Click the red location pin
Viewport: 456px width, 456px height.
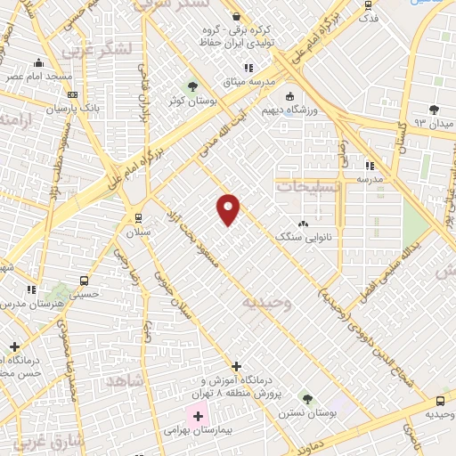[229, 208]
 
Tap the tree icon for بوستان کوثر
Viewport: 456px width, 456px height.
[192, 86]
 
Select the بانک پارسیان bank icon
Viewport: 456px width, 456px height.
[72, 95]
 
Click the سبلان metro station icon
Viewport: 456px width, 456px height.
[138, 217]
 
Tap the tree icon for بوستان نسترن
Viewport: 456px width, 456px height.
[307, 399]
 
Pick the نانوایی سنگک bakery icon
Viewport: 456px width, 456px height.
[304, 224]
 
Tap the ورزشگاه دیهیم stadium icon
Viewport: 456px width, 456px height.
[289, 97]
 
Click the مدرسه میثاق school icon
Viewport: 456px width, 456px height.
[248, 68]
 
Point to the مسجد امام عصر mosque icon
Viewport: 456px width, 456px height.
[38, 63]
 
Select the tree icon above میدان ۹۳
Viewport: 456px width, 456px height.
[434, 110]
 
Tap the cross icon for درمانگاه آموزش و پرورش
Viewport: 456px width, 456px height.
[236, 366]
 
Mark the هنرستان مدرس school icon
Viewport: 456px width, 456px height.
[31, 289]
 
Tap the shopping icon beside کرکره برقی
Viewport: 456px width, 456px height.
[235, 16]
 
